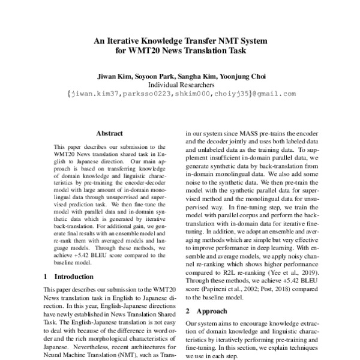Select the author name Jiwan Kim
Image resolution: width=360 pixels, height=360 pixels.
(113, 76)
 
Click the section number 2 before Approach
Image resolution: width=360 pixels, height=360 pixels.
(188, 311)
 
